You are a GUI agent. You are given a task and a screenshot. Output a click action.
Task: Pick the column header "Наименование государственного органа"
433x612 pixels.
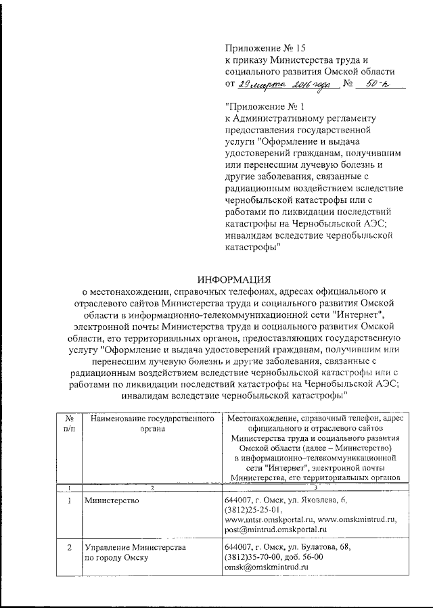(152, 425)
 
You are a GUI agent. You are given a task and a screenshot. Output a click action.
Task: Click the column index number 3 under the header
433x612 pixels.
(316, 488)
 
